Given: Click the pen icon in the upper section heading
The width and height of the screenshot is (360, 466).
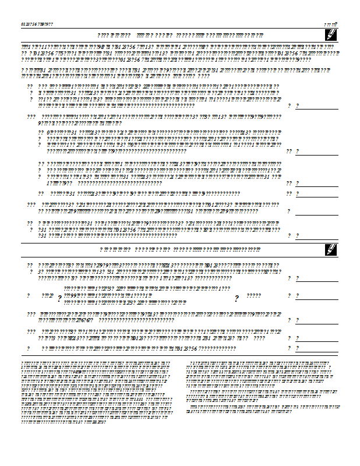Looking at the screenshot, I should (330, 35).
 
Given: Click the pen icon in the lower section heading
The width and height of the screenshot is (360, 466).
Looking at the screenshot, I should (330, 249).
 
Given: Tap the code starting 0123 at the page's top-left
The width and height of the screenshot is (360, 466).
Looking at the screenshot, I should (37, 24).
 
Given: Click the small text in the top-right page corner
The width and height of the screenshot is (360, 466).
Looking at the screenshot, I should (331, 24).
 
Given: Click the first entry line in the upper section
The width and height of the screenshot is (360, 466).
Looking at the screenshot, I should (317, 108).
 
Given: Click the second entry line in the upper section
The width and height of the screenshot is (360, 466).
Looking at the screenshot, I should (317, 154).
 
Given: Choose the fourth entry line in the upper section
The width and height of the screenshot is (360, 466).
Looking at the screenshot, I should (317, 196).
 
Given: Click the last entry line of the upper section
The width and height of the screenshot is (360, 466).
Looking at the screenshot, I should (317, 238).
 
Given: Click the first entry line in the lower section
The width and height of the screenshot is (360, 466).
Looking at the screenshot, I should (317, 281).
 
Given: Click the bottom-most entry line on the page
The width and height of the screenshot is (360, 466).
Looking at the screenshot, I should (317, 351).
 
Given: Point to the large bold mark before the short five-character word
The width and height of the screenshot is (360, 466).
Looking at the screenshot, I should (237, 298).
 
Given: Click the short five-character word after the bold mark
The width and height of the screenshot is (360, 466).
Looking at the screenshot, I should (254, 296).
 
